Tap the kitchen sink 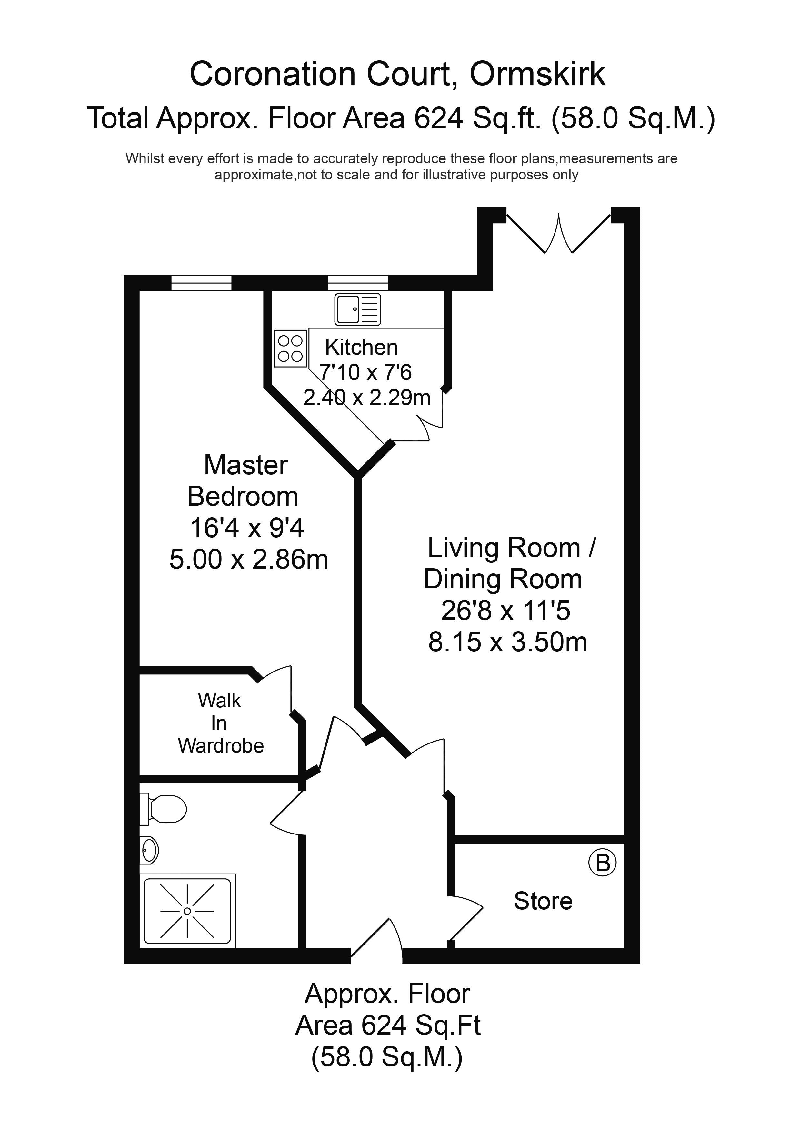coord(358,309)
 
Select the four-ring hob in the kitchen coord(290,349)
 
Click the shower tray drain coord(187,911)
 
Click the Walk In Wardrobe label coord(220,723)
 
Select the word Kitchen coord(361,347)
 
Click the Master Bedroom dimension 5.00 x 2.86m coord(249,560)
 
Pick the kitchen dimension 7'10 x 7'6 coord(365,372)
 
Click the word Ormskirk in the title coord(537,75)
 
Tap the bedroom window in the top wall coord(201,283)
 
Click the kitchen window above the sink coord(358,283)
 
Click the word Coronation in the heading coord(273,75)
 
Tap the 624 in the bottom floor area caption coord(384,1026)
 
